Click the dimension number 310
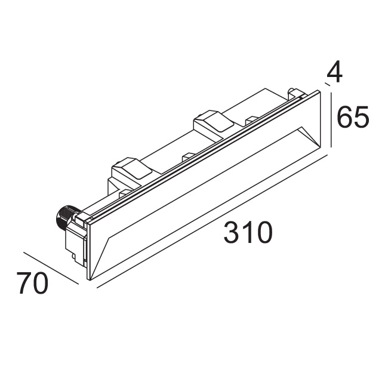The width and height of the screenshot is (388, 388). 248,233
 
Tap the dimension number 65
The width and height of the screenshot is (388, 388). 353,117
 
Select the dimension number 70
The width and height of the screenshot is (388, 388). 32,283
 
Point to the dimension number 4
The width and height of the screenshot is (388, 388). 334,72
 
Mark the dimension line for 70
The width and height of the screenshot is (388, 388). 51,268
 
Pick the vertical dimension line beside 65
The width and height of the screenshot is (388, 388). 331,119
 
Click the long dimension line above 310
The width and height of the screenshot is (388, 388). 213,221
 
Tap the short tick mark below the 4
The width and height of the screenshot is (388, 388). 328,85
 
